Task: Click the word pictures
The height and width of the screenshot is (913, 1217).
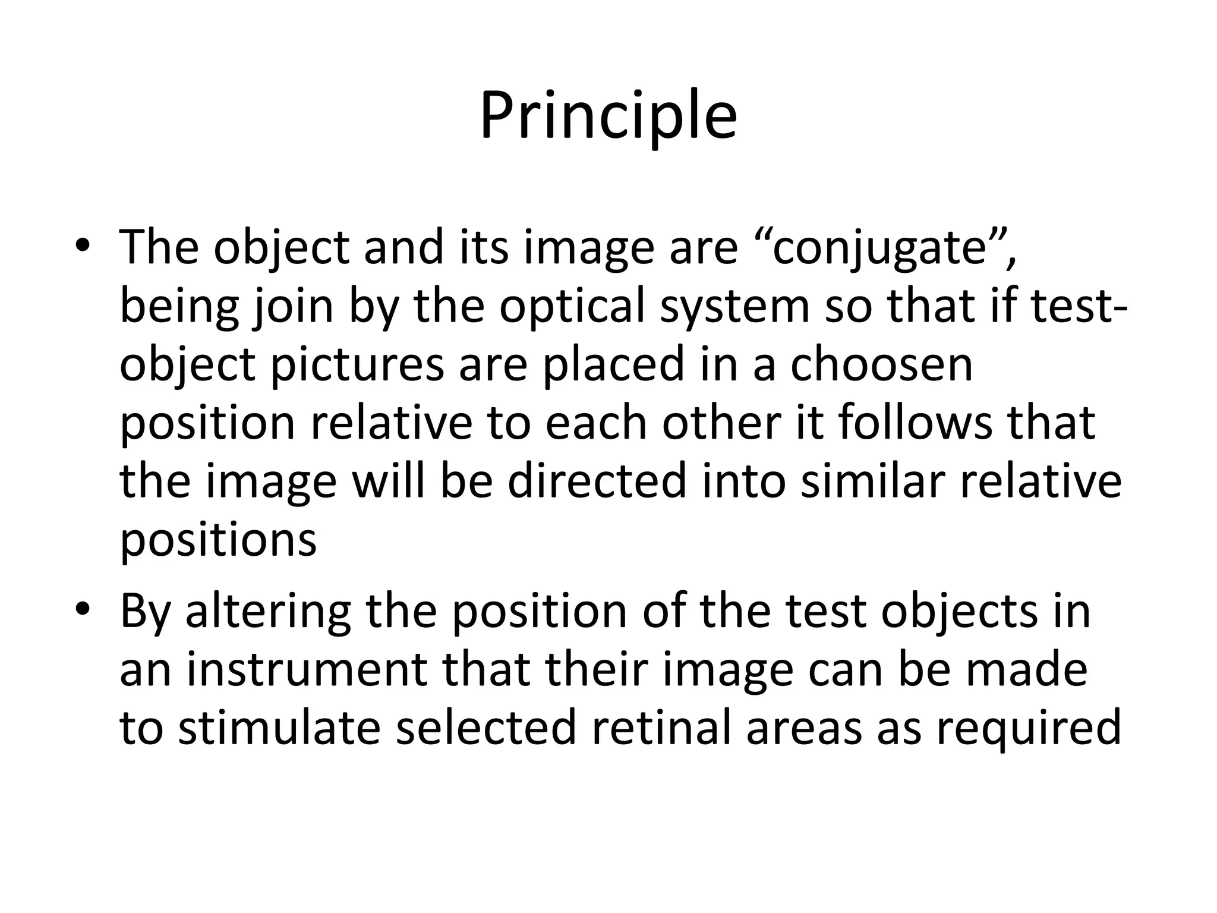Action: [357, 366]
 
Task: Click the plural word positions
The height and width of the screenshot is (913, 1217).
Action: [218, 540]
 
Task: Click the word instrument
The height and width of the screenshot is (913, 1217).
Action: [307, 669]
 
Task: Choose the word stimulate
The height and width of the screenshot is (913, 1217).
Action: [279, 728]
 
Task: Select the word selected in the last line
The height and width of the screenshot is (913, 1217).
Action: [486, 728]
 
